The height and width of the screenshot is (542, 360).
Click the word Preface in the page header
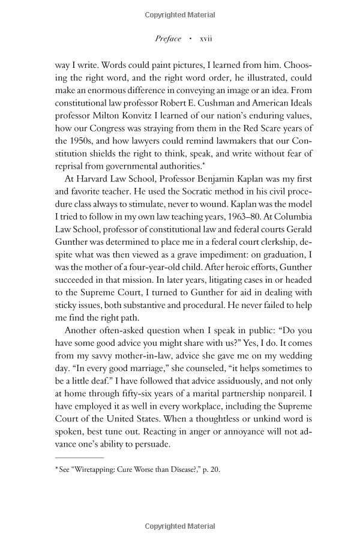tap(167, 38)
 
